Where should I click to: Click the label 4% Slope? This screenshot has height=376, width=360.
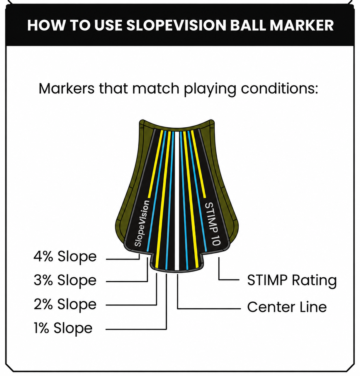tap(65, 257)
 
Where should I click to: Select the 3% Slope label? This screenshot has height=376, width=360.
tap(65, 280)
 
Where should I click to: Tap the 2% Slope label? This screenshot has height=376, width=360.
tap(65, 304)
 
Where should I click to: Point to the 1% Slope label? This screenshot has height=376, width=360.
tap(63, 328)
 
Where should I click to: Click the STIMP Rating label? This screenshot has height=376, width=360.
tap(292, 280)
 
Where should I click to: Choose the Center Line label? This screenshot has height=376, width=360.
tap(287, 307)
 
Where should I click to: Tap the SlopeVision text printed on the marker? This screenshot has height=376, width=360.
tap(142, 223)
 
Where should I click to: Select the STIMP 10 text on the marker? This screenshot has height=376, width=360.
tap(213, 224)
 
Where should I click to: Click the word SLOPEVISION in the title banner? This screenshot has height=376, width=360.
tap(176, 25)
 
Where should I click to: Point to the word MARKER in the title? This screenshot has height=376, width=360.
tap(302, 25)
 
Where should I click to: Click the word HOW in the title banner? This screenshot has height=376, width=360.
tap(46, 25)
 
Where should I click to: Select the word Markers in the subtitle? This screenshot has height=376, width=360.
tap(67, 89)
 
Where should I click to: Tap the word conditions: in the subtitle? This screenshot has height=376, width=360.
tap(279, 89)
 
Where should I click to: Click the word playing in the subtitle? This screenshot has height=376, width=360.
tap(210, 90)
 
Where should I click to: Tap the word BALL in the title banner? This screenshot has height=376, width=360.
tap(248, 25)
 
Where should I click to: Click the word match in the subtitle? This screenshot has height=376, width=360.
tap(155, 89)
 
